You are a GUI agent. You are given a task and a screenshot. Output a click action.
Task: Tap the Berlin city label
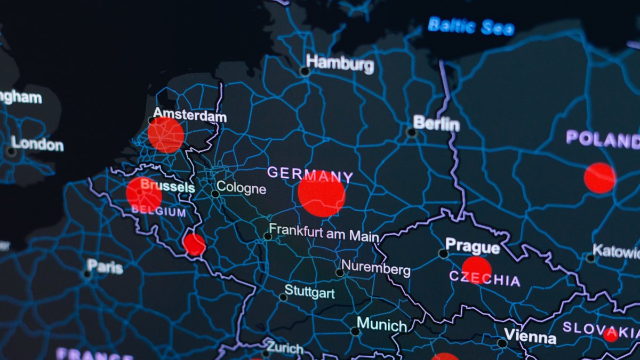pyautogui.click(x=436, y=124)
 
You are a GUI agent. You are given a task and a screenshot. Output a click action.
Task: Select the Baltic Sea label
pyautogui.click(x=471, y=26)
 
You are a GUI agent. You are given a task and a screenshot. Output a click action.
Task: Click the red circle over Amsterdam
pyautogui.click(x=166, y=135)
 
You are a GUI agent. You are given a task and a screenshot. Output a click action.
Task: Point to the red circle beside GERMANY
pyautogui.click(x=321, y=194)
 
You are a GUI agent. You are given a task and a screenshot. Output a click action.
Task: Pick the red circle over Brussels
pyautogui.click(x=144, y=195)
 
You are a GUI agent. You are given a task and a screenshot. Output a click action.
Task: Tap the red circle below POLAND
pyautogui.click(x=599, y=178)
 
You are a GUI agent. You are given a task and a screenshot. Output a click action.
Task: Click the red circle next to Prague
pyautogui.click(x=476, y=269)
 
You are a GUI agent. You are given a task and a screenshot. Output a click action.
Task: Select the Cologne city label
pyautogui.click(x=241, y=188)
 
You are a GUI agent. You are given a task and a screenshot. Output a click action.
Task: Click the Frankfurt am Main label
pyautogui.click(x=324, y=233)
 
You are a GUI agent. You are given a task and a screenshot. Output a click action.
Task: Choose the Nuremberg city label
pyautogui.click(x=375, y=268)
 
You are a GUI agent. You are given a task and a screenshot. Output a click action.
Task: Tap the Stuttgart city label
pyautogui.click(x=309, y=292)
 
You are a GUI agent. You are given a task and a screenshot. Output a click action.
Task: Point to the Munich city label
pyautogui.click(x=381, y=324)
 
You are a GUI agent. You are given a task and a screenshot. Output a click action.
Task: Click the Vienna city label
pyautogui.click(x=530, y=337)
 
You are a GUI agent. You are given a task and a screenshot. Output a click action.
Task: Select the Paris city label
pyautogui.click(x=105, y=266)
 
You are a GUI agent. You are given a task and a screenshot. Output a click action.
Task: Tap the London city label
pyautogui.click(x=37, y=144)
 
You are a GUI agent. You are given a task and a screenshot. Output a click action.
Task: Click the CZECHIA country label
pyautogui.click(x=484, y=278)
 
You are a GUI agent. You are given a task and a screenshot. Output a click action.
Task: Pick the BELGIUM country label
pyautogui.click(x=158, y=211)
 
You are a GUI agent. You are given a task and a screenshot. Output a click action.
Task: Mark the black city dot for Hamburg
pyautogui.click(x=305, y=71)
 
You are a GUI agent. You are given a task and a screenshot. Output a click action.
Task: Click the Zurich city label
pyautogui.click(x=285, y=348)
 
